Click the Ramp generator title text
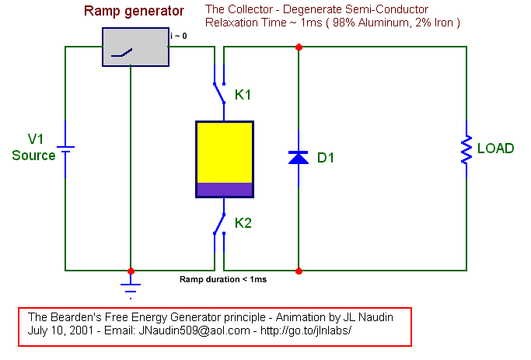pos(134,12)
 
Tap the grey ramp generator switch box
pos(135,47)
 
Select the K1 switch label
pos(243,95)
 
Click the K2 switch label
pos(243,223)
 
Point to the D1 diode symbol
pos(299,158)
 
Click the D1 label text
pos(326,158)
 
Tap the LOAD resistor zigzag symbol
pos(466,149)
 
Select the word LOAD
pos(495,149)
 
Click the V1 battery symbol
pos(65,149)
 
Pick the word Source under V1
pos(33,156)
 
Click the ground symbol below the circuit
pos(131,291)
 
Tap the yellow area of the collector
pos(225,152)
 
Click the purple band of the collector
pos(225,189)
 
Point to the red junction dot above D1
pos(299,47)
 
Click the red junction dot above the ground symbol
pos(131,271)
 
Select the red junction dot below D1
pos(299,271)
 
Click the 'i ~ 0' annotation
pos(179,36)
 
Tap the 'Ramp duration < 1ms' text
pos(223,279)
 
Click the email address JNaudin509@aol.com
pos(194,330)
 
